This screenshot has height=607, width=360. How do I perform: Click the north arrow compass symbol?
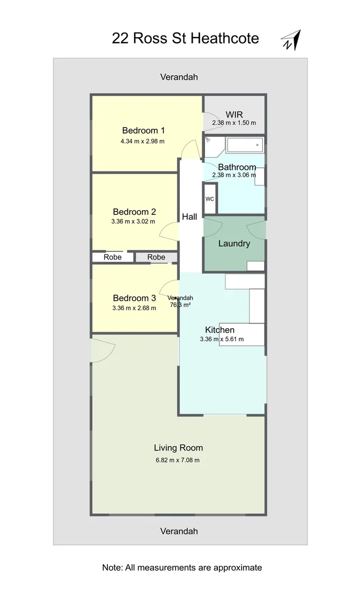pos(291,40)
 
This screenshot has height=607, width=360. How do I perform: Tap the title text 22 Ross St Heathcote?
pos(185,38)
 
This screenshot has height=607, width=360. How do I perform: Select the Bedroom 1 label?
pos(143,131)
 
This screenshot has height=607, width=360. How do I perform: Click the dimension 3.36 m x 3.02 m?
pos(134,221)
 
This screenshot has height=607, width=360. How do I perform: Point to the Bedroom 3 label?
pos(134,298)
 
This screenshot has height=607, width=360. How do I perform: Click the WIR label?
pos(234,115)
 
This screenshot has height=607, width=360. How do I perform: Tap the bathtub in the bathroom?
pos(244,146)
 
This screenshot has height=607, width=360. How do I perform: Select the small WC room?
pos(209,200)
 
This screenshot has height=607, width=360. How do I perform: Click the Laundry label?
pos(234,243)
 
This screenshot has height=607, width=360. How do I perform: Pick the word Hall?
pos(189,216)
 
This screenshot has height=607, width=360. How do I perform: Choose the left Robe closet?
pos(112,257)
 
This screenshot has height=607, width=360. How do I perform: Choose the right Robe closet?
pos(156,257)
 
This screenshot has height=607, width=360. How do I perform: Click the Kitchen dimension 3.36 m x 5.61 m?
pos(220,339)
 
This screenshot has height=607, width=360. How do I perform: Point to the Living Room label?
pos(178,448)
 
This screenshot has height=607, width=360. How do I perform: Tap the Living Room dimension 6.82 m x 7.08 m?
pos(177,460)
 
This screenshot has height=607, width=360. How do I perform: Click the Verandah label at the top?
pos(179,77)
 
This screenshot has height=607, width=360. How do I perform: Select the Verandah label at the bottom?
pos(179,531)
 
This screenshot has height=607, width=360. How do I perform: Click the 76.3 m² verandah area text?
pos(180,305)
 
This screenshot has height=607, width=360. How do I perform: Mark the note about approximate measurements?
pos(182,568)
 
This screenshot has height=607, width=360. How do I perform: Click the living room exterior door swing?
pos(102,350)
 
